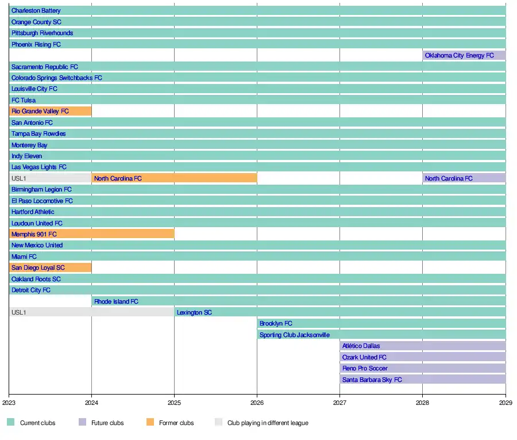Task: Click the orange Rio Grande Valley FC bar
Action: pos(51,111)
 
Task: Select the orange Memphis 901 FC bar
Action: pos(92,234)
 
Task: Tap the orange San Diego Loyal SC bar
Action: pos(51,267)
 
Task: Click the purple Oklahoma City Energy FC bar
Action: pos(464,55)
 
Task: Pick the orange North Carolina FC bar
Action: pos(175,178)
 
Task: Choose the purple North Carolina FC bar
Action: pos(464,178)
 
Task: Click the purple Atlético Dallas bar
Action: pos(423,346)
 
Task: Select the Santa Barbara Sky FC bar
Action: pos(423,380)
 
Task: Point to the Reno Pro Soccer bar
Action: pos(423,368)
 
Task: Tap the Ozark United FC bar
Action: pos(423,357)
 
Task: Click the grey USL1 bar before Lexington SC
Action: pos(92,312)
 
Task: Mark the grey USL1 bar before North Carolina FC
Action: pos(51,178)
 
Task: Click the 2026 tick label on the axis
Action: pos(257,403)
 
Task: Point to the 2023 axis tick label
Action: pos(9,403)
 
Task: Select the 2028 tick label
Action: pos(422,403)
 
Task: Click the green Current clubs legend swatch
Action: pos(10,422)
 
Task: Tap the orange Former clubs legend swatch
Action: pos(150,422)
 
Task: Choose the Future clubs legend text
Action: pos(107,423)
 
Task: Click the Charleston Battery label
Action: pos(36,10)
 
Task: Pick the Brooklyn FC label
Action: pos(276,323)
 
